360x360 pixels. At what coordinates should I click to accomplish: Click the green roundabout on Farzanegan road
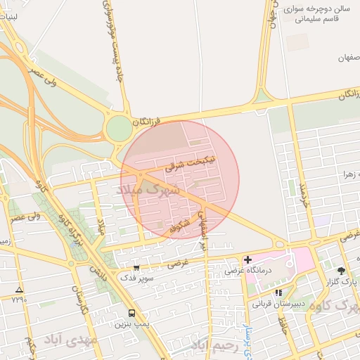click(119, 128)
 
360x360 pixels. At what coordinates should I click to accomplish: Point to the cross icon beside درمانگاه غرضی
click(247, 260)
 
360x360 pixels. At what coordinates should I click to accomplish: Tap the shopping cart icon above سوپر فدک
click(136, 268)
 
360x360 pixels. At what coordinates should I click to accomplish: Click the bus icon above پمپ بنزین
click(131, 314)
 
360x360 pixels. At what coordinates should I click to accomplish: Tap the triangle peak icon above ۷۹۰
click(19, 290)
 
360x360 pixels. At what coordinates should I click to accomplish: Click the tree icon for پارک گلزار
click(341, 270)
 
